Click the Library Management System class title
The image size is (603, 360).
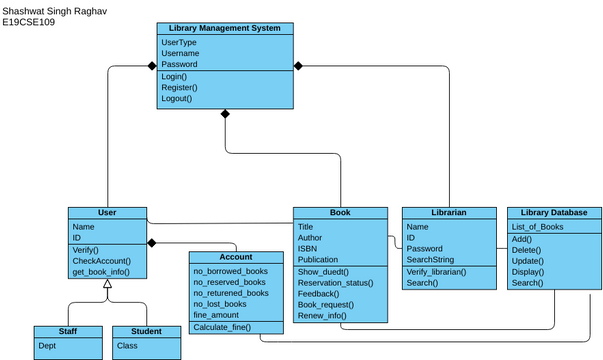coord(225,28)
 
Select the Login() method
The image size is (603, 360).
coord(174,76)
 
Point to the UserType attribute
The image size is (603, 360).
coord(179,42)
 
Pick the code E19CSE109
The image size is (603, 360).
coord(29,21)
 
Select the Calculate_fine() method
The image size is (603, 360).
coord(222,327)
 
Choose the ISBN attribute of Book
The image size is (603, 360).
coord(307,248)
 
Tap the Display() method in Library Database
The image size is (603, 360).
coord(527,272)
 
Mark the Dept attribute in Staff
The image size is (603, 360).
coord(47,345)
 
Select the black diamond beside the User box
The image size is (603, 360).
coord(153,243)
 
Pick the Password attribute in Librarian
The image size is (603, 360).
coord(424,248)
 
